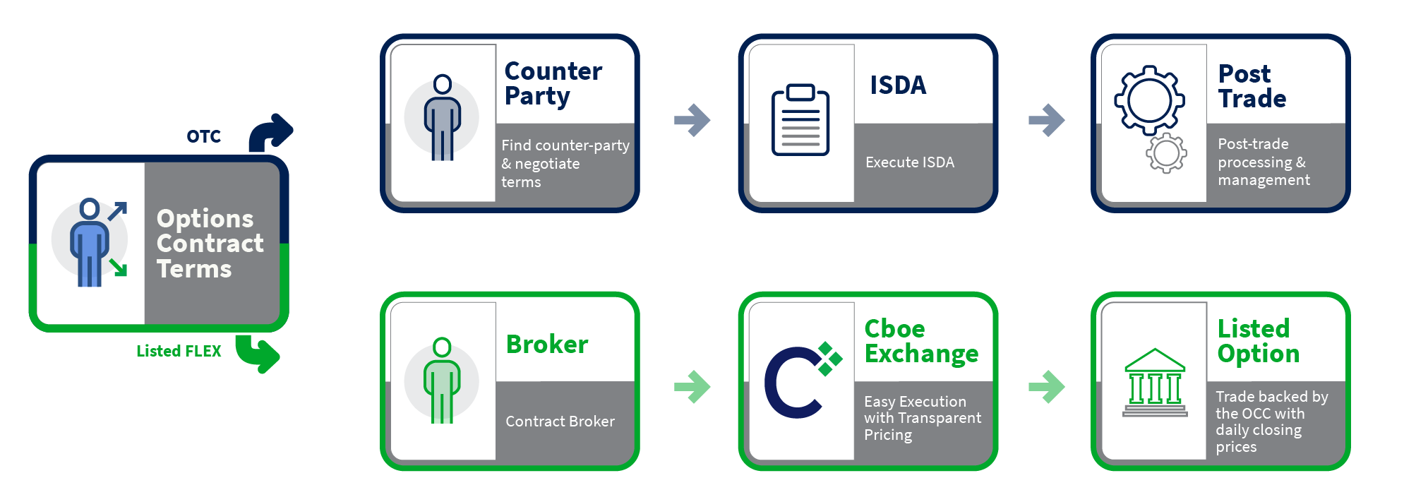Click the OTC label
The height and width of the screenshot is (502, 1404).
pyautogui.click(x=203, y=136)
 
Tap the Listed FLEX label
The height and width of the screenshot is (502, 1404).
pyautogui.click(x=179, y=351)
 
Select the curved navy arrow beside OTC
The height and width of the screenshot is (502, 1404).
pyautogui.click(x=270, y=132)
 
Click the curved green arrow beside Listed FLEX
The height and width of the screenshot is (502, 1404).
pyautogui.click(x=258, y=352)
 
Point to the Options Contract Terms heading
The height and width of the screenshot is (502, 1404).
pyautogui.click(x=210, y=244)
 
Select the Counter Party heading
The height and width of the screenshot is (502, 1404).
pyautogui.click(x=553, y=83)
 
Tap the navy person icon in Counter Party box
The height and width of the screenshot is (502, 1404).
pyautogui.click(x=443, y=117)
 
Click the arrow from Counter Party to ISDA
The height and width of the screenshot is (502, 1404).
pyautogui.click(x=692, y=120)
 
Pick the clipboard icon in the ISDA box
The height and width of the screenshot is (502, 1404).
pyautogui.click(x=800, y=120)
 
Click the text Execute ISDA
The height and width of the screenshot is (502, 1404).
pyautogui.click(x=909, y=162)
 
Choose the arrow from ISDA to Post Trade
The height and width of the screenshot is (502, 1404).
pyautogui.click(x=1047, y=120)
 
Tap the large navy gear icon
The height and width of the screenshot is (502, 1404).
pyautogui.click(x=1148, y=100)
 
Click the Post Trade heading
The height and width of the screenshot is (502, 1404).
pyautogui.click(x=1252, y=86)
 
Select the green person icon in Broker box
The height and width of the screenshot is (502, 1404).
pyautogui.click(x=442, y=381)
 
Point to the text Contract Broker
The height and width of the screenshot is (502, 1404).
pyautogui.click(x=560, y=422)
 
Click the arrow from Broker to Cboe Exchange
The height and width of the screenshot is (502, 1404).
pyautogui.click(x=692, y=386)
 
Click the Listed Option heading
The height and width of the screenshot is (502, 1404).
pyautogui.click(x=1257, y=341)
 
